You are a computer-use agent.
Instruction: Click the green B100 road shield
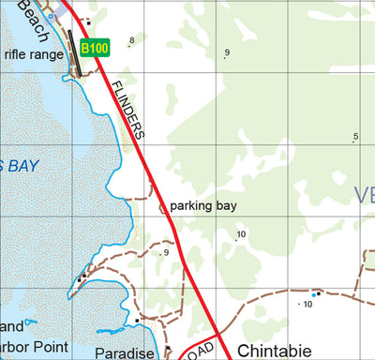pyautogui.click(x=95, y=47)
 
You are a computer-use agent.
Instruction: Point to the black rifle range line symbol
pyautogui.click(x=70, y=49)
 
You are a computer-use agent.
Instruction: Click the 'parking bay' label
pyautogui.click(x=203, y=205)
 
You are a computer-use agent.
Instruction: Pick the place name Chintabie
pyautogui.click(x=278, y=351)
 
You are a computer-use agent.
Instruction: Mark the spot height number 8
pyautogui.click(x=132, y=39)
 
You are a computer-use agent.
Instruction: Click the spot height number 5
pyautogui.click(x=355, y=138)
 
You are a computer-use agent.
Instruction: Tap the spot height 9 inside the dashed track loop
pyautogui.click(x=166, y=252)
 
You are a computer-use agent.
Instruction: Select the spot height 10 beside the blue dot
pyautogui.click(x=307, y=305)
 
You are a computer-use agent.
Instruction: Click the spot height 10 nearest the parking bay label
pyautogui.click(x=241, y=233)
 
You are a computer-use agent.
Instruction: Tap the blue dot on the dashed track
pyautogui.click(x=312, y=295)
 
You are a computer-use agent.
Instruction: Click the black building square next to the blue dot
pyautogui.click(x=319, y=293)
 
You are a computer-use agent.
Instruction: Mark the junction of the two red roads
pyautogui.click(x=217, y=333)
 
